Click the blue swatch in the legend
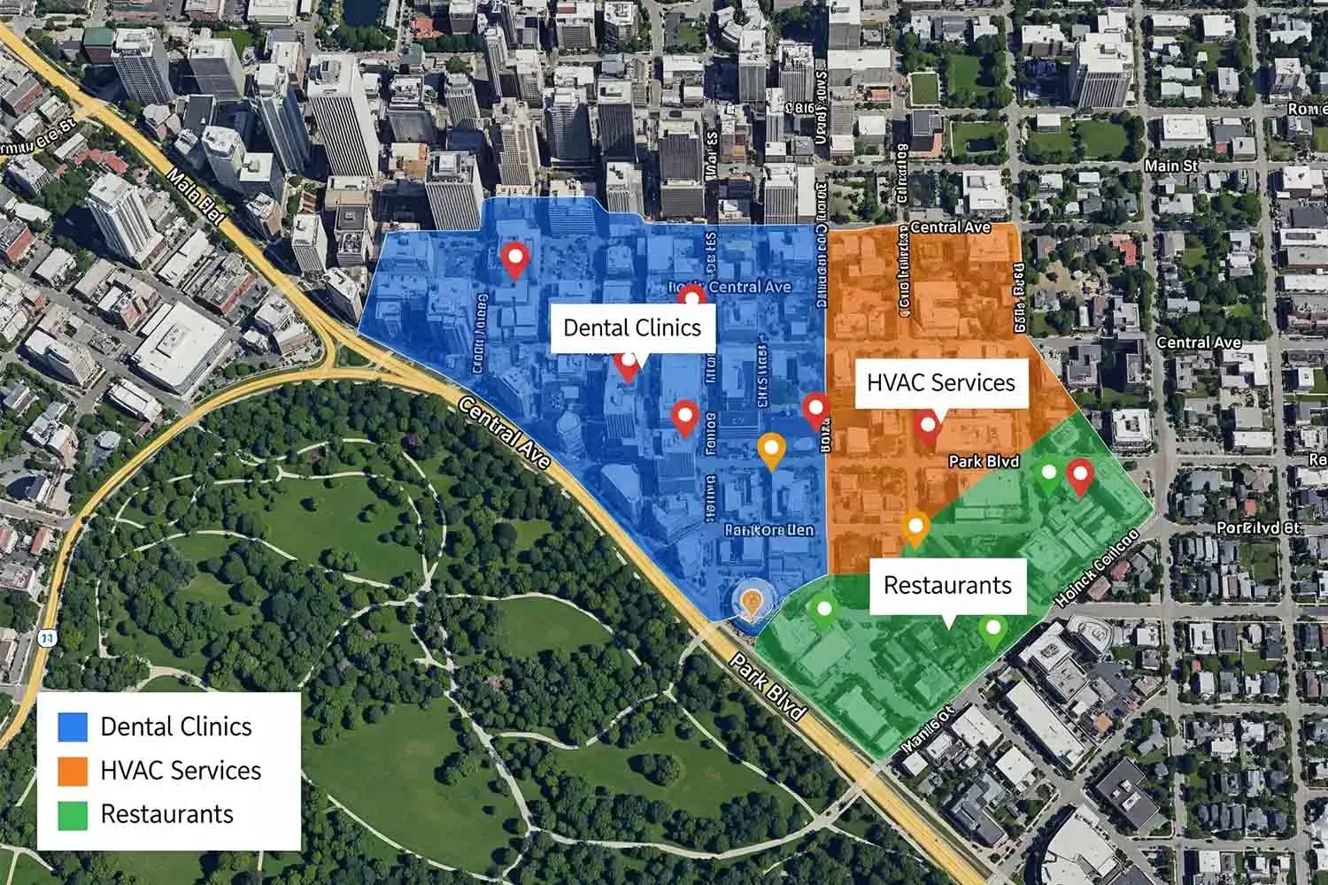point(73,727)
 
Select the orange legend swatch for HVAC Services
point(73,770)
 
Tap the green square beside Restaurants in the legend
point(73,814)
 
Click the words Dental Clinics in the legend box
point(176,727)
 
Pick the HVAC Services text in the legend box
point(181,770)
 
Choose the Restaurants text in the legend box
point(167,814)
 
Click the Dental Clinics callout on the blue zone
point(632,327)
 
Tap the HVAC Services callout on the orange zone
point(940,382)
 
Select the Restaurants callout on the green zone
point(947,585)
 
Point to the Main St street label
point(1170,165)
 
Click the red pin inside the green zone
point(1079,475)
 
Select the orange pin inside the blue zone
point(772,449)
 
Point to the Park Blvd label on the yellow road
point(768,688)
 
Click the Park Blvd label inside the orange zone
point(984,461)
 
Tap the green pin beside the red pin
point(1049,474)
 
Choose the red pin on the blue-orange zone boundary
point(815,410)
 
